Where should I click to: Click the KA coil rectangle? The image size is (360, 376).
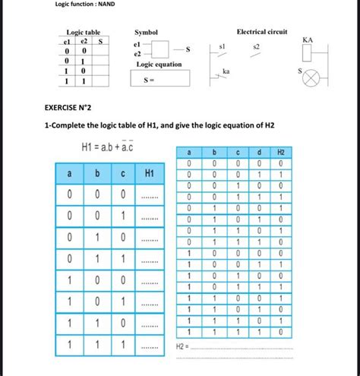point(307,52)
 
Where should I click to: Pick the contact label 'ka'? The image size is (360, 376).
point(226,71)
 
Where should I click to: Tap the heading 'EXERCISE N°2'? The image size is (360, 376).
point(69,109)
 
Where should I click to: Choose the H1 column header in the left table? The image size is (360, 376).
point(150,175)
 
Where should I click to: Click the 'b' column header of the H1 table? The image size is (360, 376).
point(96,175)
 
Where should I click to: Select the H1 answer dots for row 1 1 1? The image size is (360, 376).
point(150,346)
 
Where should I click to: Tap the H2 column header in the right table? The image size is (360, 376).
point(280,153)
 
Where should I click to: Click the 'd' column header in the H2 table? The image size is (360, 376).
point(259,153)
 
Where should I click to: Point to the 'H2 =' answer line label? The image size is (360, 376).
point(182,346)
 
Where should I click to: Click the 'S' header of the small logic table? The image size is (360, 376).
point(100,42)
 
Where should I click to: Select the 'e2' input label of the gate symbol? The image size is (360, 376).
point(137,55)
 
